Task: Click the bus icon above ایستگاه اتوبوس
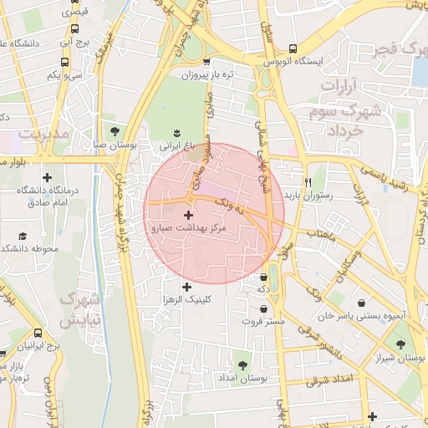[291, 48]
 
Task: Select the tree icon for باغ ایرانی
[176, 132]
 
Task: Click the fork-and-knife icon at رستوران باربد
[308, 182]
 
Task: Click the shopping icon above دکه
[264, 277]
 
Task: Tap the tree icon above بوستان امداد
[242, 365]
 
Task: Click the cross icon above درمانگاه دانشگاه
[47, 177]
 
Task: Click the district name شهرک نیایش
[81, 308]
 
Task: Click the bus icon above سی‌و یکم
[64, 62]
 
